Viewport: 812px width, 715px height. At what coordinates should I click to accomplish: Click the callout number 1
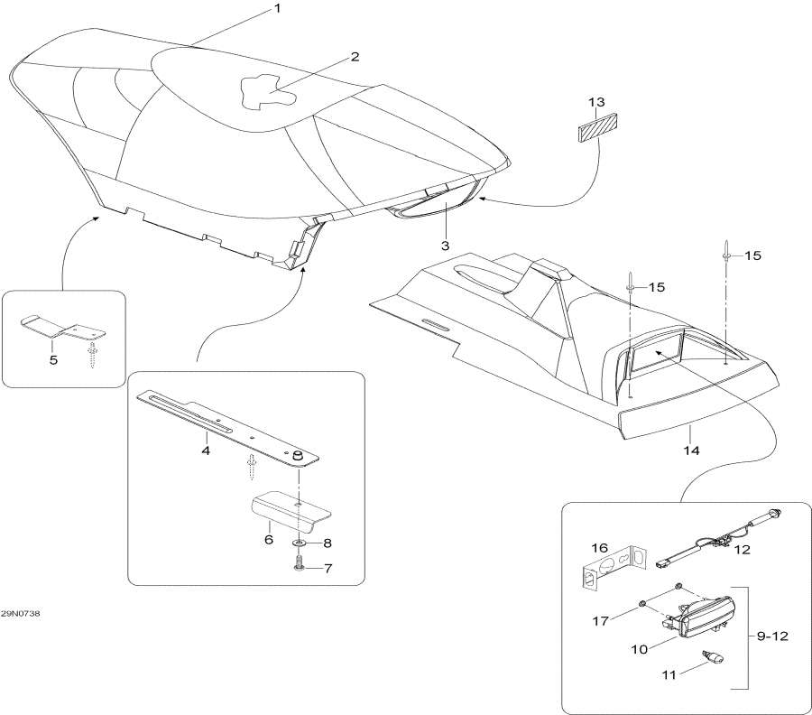click(277, 8)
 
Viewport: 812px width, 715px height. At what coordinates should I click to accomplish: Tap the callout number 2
click(355, 57)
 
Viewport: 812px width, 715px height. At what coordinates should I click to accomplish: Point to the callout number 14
click(689, 449)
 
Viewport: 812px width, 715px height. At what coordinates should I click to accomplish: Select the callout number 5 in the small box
click(53, 358)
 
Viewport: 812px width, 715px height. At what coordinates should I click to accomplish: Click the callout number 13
click(597, 101)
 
